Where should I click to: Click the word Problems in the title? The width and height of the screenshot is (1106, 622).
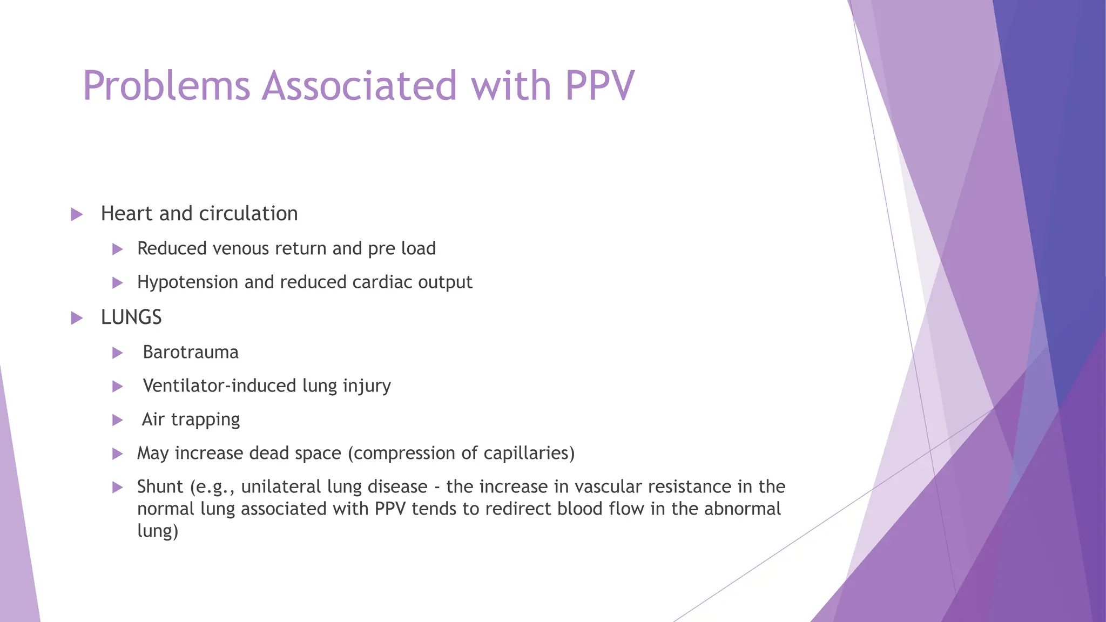pyautogui.click(x=166, y=86)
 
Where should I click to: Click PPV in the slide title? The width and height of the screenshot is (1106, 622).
pyautogui.click(x=599, y=86)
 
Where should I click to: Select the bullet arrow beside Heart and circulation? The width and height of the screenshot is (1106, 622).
pyautogui.click(x=77, y=214)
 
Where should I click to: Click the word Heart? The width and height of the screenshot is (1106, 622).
pyautogui.click(x=127, y=214)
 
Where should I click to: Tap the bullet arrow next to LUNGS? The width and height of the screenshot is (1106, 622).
pyautogui.click(x=77, y=318)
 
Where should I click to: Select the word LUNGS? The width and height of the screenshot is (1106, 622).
pyautogui.click(x=131, y=317)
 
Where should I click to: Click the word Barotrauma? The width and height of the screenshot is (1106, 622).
pyautogui.click(x=191, y=352)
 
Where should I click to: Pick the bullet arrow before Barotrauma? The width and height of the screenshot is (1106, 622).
pyautogui.click(x=117, y=353)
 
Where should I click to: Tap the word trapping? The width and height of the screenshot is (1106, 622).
pyautogui.click(x=205, y=420)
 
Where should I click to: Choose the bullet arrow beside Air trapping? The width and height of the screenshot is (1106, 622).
pyautogui.click(x=117, y=420)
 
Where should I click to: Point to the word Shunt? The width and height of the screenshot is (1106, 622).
pyautogui.click(x=160, y=486)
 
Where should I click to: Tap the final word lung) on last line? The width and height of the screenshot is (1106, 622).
pyautogui.click(x=157, y=531)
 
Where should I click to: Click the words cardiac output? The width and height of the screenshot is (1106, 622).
pyautogui.click(x=412, y=282)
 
